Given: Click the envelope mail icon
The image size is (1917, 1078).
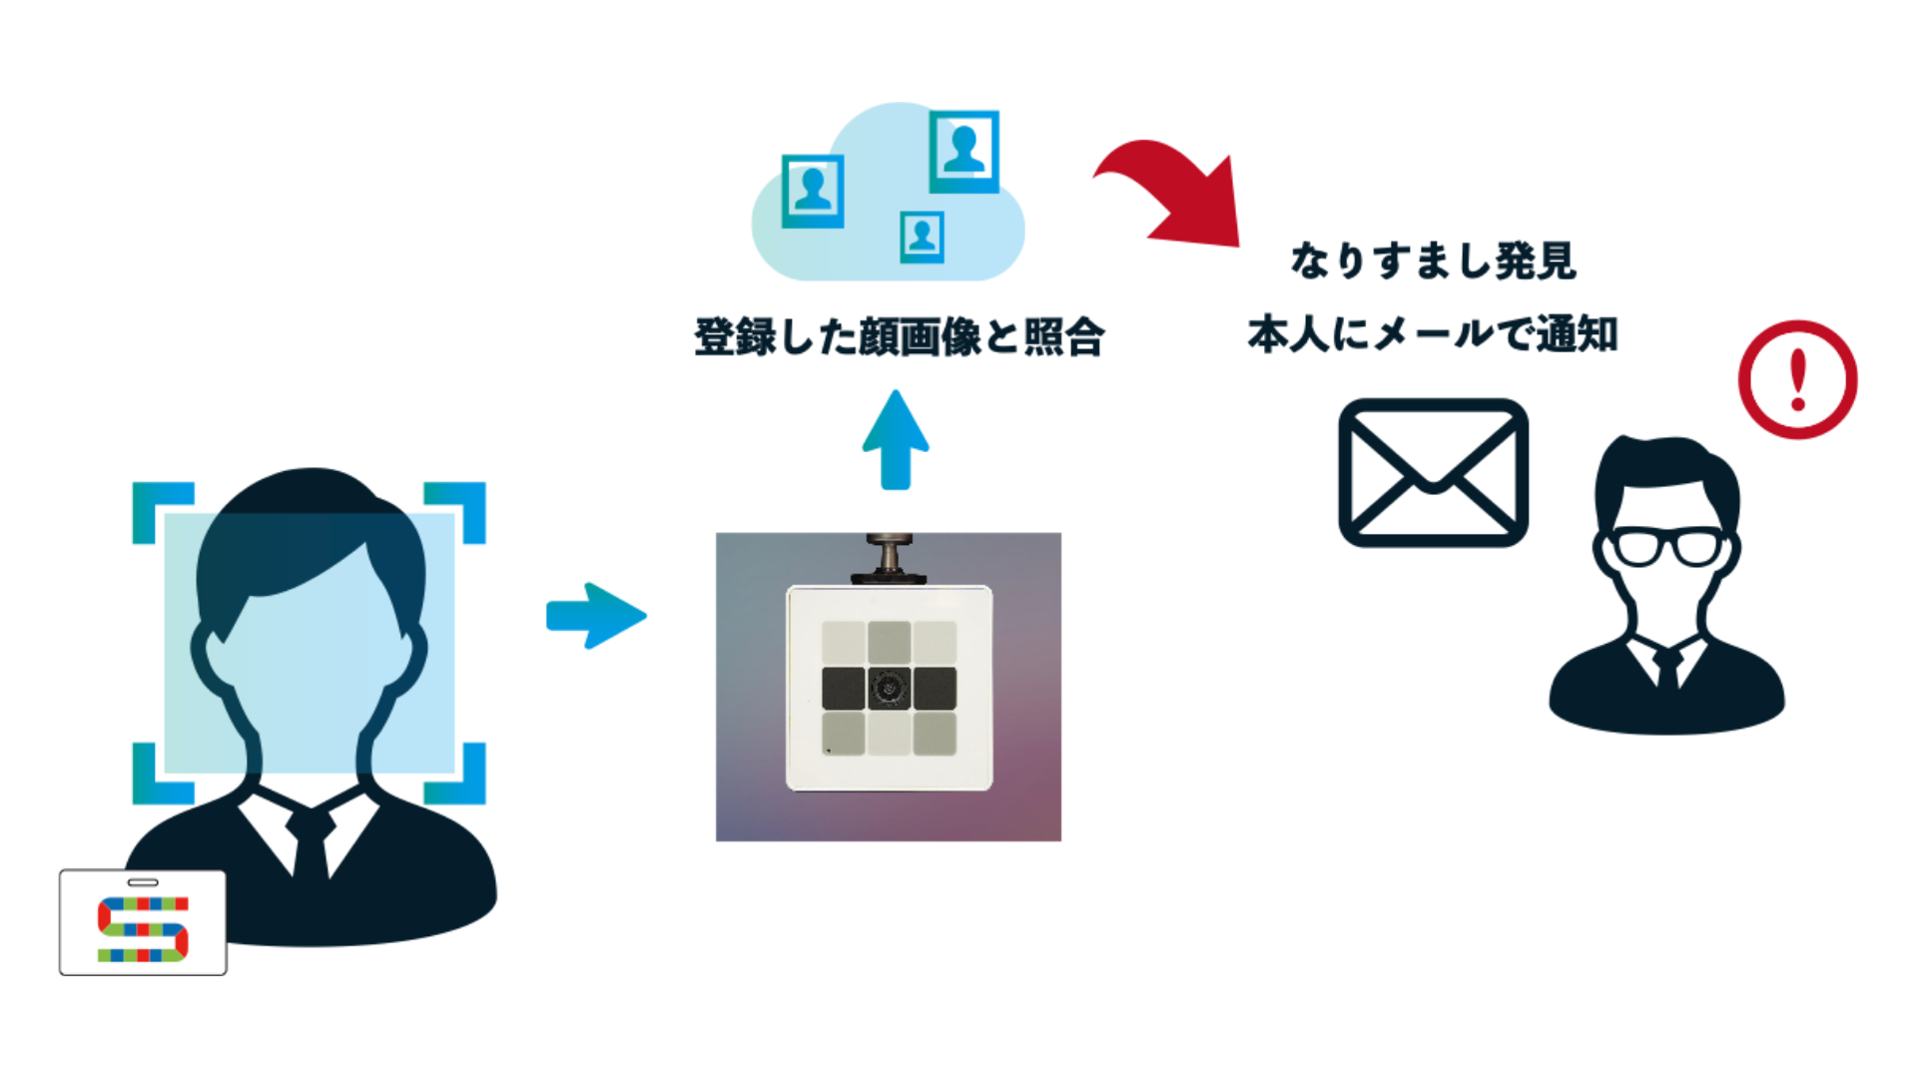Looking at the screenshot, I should pyautogui.click(x=1433, y=472).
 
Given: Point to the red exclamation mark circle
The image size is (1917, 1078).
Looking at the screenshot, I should pyautogui.click(x=1797, y=379).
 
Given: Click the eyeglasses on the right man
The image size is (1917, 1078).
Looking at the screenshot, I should pyautogui.click(x=1667, y=547).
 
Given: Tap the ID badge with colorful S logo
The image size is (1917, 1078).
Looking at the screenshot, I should pyautogui.click(x=143, y=923).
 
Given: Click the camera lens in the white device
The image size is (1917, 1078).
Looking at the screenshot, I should pyautogui.click(x=889, y=688).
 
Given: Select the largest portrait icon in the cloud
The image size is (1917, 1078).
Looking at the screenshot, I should pyautogui.click(x=963, y=152).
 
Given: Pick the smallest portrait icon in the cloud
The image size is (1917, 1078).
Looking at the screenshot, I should pyautogui.click(x=922, y=237).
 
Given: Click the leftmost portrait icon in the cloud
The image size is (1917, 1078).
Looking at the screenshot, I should pyautogui.click(x=813, y=190).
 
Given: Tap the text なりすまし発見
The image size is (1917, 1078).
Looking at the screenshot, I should pyautogui.click(x=1433, y=262).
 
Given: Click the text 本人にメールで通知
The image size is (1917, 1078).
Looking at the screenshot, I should pyautogui.click(x=1433, y=334).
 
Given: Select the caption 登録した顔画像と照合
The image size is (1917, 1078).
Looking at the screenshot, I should pyautogui.click(x=899, y=337).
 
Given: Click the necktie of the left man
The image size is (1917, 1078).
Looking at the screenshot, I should pyautogui.click(x=311, y=843).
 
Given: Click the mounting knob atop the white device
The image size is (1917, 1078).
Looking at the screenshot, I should pyautogui.click(x=888, y=555).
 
